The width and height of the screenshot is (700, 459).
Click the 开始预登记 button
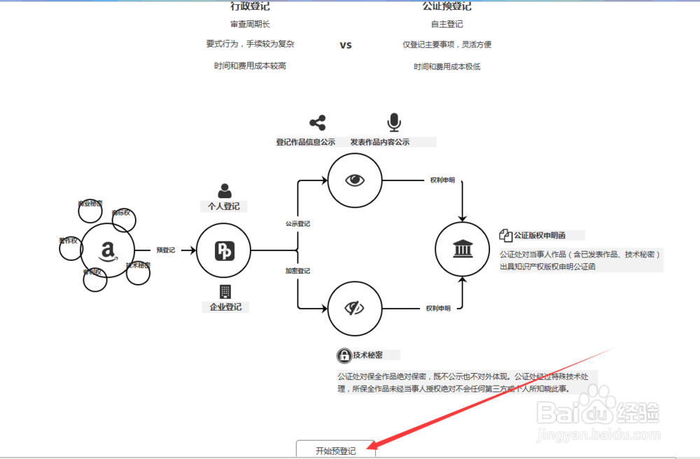pos(335,450)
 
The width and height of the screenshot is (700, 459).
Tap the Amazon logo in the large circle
pos(107,250)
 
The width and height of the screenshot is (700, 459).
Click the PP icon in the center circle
pos(224,250)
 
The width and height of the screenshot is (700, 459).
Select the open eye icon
pos(356,180)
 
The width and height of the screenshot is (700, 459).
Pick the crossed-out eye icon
pos(356,307)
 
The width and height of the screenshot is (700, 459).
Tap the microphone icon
pos(394,123)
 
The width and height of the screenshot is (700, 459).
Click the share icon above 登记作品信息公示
pos(317,123)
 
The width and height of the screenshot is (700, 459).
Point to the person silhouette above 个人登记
pos(224,190)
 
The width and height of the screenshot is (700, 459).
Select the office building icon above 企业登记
pos(225,292)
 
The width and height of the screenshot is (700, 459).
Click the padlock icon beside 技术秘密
pos(344,355)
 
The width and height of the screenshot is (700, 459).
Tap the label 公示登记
pos(297,224)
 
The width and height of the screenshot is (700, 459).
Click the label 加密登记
pos(297,271)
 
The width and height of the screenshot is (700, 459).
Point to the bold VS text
pos(346,45)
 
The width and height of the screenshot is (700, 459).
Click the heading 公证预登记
pos(447,6)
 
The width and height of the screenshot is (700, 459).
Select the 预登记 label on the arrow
pos(166,250)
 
